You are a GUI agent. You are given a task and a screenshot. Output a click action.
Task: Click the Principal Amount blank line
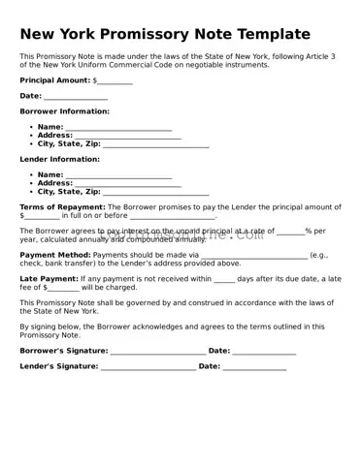115,80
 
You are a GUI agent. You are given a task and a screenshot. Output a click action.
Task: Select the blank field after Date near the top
76,96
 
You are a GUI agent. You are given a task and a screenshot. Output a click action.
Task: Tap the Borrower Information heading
64,111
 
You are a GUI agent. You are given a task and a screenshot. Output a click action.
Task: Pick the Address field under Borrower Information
128,136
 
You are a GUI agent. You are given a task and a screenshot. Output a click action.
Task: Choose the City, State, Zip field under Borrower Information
155,143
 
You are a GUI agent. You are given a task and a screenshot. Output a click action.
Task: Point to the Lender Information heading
59,159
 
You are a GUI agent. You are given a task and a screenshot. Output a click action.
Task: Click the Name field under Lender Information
118,174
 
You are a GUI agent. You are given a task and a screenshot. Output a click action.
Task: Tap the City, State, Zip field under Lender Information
155,192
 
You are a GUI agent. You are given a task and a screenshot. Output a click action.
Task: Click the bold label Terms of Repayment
62,207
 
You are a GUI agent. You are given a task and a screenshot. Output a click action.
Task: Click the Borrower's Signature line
157,351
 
